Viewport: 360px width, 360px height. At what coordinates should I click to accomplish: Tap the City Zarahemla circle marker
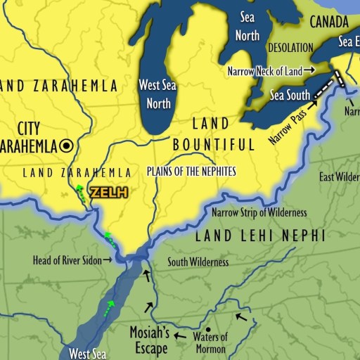click(67, 146)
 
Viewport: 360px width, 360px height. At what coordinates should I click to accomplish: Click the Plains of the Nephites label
click(191, 171)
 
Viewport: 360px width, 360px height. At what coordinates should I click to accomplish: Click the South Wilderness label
click(198, 262)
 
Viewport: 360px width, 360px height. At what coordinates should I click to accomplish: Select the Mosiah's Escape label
click(148, 338)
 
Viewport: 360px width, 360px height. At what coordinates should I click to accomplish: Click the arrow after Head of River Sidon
click(108, 260)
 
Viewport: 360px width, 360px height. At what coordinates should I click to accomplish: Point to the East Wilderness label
click(340, 176)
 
